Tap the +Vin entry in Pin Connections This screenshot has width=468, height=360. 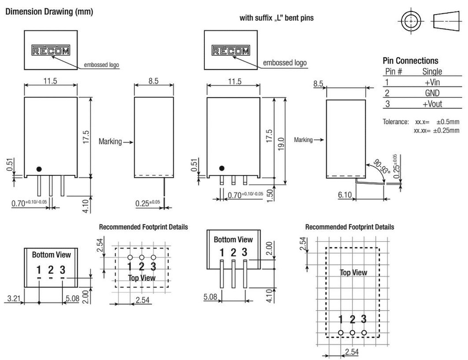pos(431,82)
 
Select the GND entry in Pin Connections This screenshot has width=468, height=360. pos(431,93)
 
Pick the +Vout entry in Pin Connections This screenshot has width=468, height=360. pos(431,104)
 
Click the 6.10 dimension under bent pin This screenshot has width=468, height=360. pos(345,195)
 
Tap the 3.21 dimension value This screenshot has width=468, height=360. pos(14,299)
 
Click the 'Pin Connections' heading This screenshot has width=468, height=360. pos(410,61)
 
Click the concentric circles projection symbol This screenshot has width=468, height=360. pos(410,21)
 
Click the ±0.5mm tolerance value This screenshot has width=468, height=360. pos(447,122)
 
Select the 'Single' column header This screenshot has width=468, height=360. pos(432,71)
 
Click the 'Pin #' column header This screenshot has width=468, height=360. pos(394,71)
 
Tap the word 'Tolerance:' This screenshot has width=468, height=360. pos(395,122)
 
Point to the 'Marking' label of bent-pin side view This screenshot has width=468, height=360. pos(303,140)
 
